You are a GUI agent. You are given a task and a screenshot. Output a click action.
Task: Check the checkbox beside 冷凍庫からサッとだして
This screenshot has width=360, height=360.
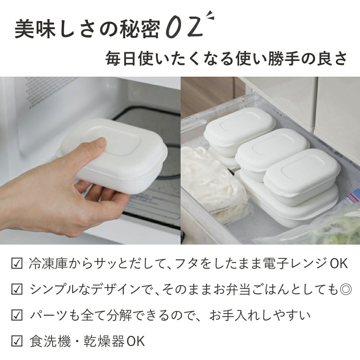pyautogui.click(x=17, y=264)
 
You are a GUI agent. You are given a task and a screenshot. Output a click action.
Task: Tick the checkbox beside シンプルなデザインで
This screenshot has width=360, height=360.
pyautogui.click(x=17, y=289)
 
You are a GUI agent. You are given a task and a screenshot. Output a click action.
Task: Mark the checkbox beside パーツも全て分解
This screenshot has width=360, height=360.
pyautogui.click(x=17, y=315)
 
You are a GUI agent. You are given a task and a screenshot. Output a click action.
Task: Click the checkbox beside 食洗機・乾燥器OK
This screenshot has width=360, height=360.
pyautogui.click(x=17, y=341)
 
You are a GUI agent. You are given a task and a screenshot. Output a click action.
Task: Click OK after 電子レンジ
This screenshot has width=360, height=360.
pyautogui.click(x=339, y=264)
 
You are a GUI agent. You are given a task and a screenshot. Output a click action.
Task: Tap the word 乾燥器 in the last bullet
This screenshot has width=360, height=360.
pyautogui.click(x=104, y=341)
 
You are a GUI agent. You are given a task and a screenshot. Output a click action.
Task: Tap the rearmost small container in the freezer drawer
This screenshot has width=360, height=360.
pyautogui.click(x=240, y=131)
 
